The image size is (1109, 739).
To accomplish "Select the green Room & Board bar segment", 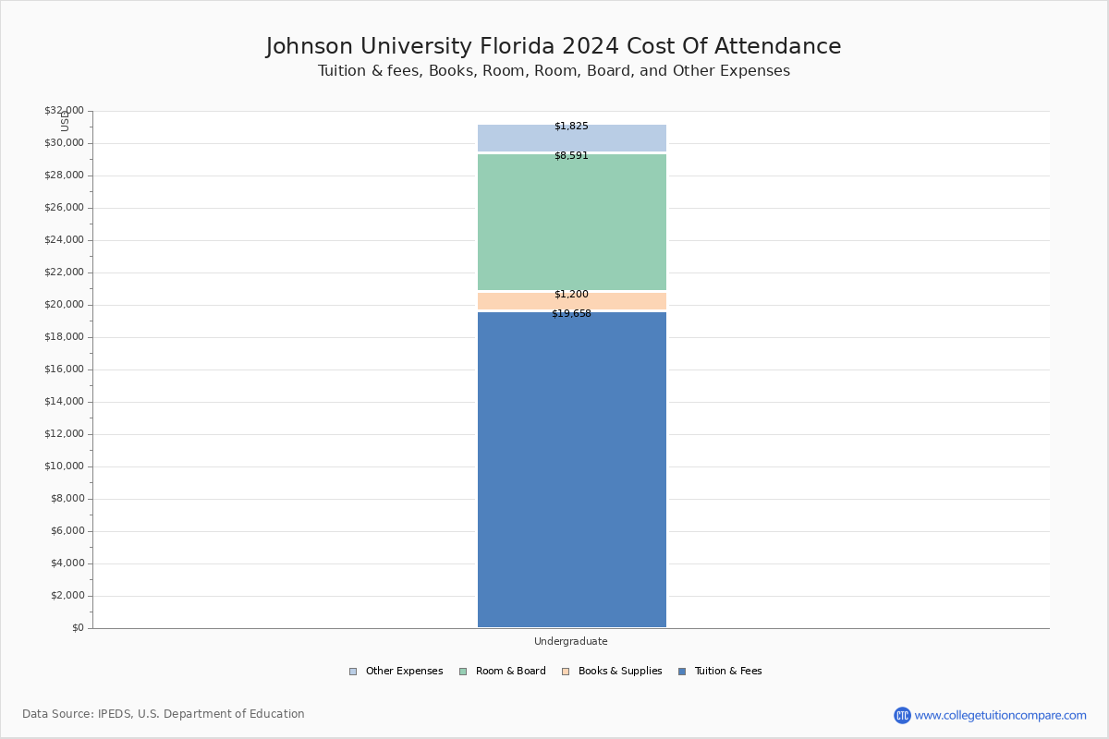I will (x=571, y=222).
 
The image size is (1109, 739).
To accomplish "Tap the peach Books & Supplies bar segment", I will (x=571, y=302).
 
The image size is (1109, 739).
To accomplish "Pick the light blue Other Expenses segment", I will (x=571, y=139).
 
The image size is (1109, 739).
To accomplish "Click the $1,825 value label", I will (x=571, y=127).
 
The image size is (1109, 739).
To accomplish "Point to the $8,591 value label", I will (x=571, y=156).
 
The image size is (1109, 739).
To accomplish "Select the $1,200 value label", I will (x=571, y=295).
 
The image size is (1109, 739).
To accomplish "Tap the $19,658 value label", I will (x=571, y=314).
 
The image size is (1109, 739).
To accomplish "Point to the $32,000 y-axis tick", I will (x=64, y=111).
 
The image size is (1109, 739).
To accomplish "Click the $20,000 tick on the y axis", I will (x=64, y=305).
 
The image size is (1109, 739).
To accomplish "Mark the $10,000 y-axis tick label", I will (x=64, y=466).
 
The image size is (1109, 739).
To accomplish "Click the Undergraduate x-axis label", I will (x=571, y=642).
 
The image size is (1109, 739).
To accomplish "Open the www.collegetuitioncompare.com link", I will (x=1000, y=715).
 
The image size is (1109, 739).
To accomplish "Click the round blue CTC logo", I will (x=902, y=715).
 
